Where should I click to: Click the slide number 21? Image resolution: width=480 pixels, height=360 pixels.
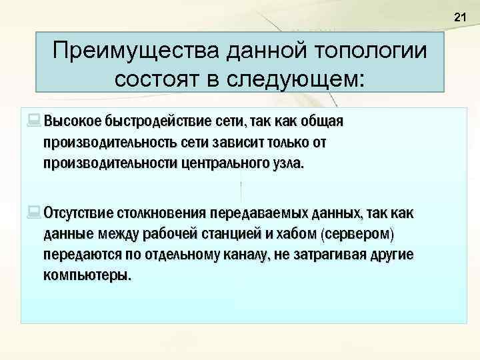point(459,17)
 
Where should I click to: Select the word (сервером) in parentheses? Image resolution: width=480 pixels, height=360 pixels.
point(357,235)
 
